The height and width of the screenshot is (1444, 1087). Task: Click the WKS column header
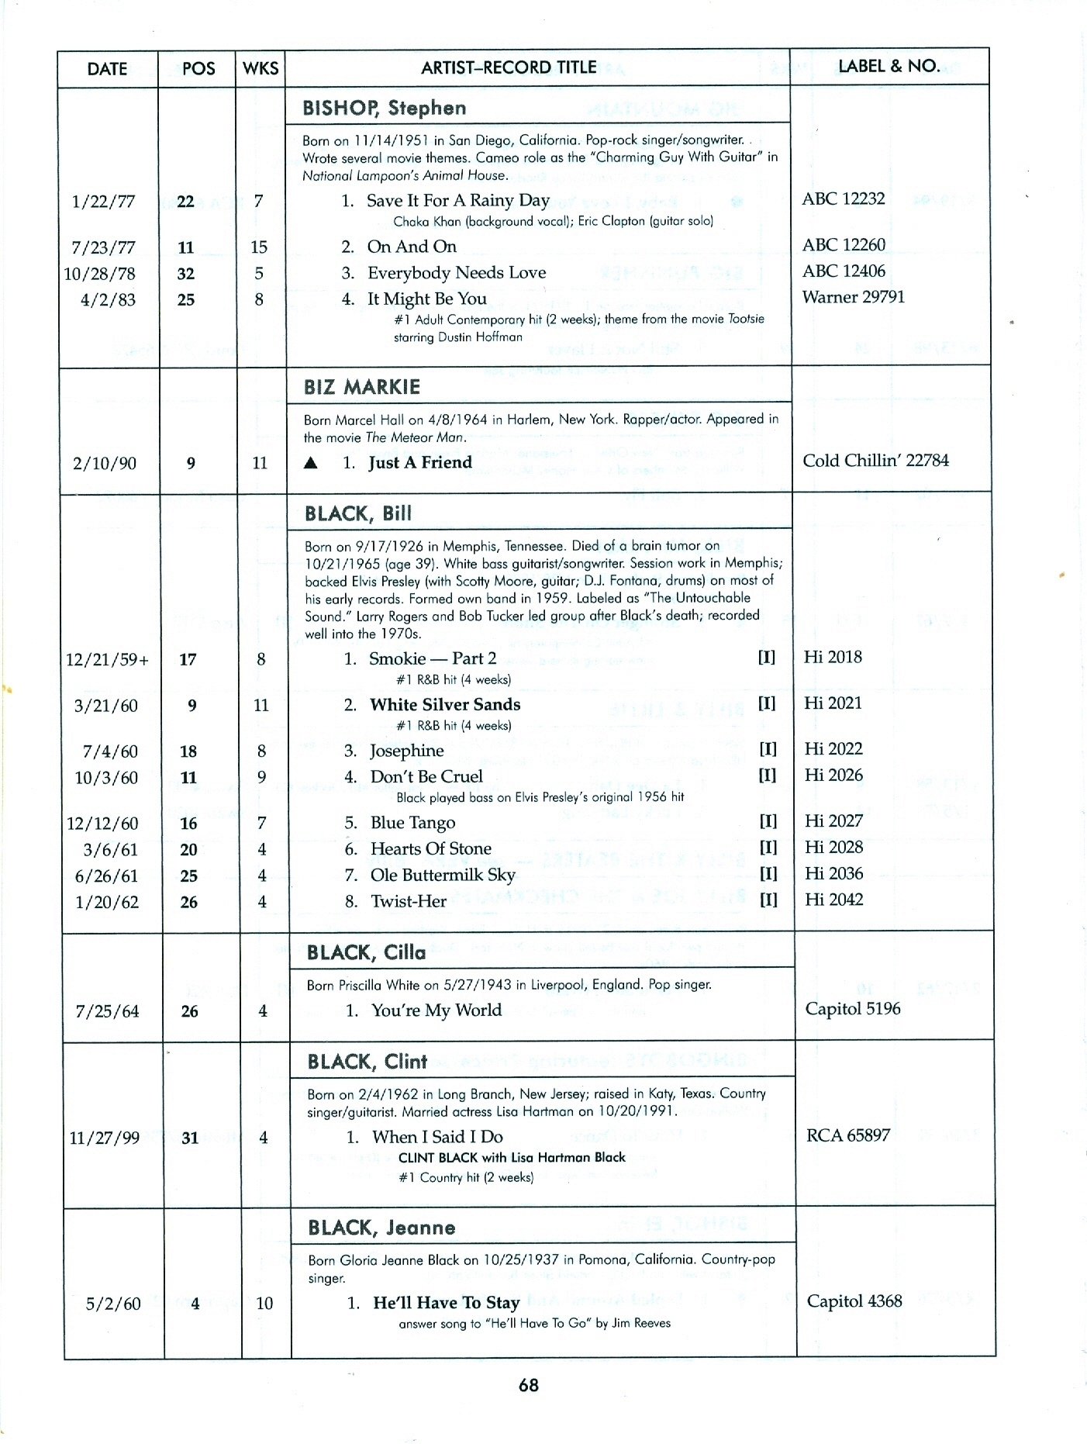click(261, 68)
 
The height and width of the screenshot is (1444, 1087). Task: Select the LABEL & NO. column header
click(889, 66)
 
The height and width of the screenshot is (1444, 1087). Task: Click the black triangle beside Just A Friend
click(311, 463)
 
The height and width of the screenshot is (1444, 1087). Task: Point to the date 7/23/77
click(103, 247)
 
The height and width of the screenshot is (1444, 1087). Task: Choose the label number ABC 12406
click(844, 271)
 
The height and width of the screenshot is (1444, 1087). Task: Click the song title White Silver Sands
click(445, 705)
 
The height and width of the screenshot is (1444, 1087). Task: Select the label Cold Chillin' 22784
click(875, 461)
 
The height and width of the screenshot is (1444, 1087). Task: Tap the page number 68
click(529, 1385)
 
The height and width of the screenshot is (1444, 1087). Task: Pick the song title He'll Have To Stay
click(446, 1303)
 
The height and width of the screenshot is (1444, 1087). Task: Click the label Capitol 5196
click(853, 1009)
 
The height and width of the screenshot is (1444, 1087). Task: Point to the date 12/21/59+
click(108, 660)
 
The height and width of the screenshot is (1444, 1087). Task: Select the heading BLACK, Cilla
click(366, 953)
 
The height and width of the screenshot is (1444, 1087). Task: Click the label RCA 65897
click(848, 1135)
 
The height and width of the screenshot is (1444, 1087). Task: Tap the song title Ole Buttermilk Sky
click(443, 876)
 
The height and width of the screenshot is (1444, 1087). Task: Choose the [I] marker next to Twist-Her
click(768, 900)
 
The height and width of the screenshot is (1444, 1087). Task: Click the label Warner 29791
click(853, 297)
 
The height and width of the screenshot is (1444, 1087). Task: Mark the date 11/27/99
click(105, 1138)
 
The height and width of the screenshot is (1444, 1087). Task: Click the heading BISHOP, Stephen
click(385, 109)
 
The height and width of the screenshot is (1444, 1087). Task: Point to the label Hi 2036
click(833, 874)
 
